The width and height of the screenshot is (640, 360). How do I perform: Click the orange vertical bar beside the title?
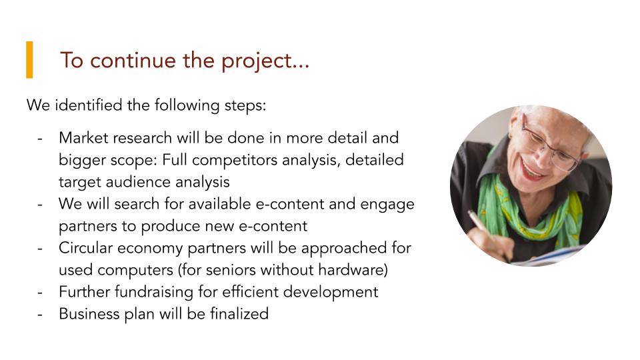click(29, 59)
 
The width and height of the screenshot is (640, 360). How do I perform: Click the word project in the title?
click(256, 61)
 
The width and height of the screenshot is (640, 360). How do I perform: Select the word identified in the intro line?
click(89, 105)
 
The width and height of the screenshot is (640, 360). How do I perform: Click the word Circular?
click(86, 248)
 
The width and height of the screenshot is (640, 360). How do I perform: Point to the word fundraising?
click(154, 292)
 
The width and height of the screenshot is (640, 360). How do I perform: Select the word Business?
click(89, 314)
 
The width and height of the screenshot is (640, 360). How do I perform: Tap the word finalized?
click(239, 313)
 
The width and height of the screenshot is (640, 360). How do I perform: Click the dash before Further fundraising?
click(39, 293)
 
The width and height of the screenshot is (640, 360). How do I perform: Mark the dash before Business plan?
click(39, 315)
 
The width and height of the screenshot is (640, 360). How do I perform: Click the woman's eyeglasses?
click(549, 144)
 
